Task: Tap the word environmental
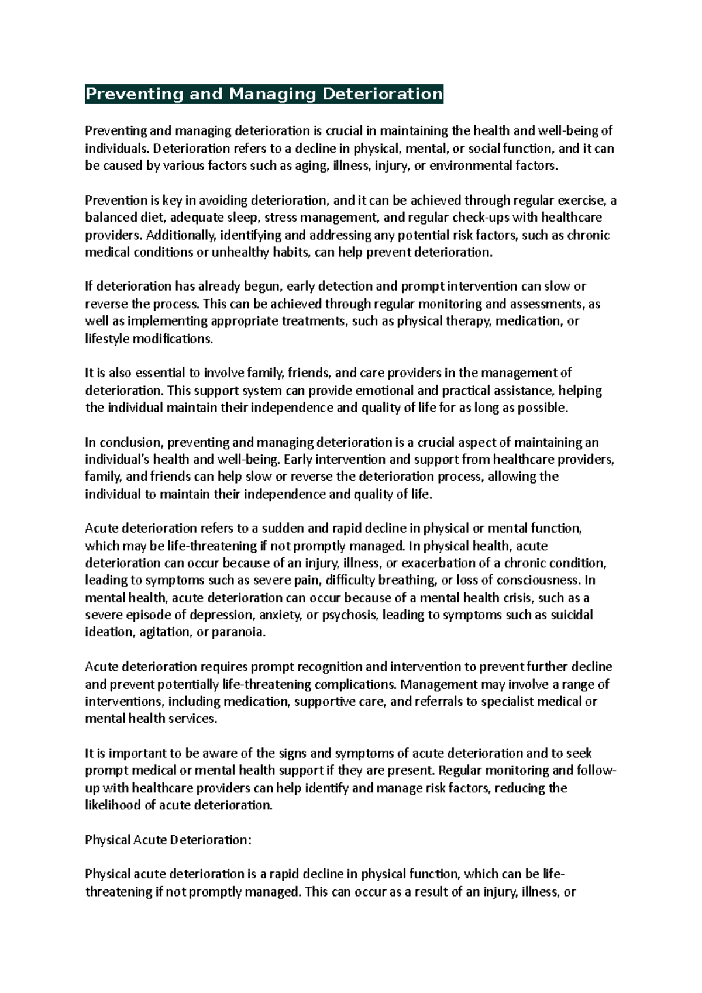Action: coord(470,165)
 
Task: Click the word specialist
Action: coord(508,701)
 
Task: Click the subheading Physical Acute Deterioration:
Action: coord(168,840)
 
